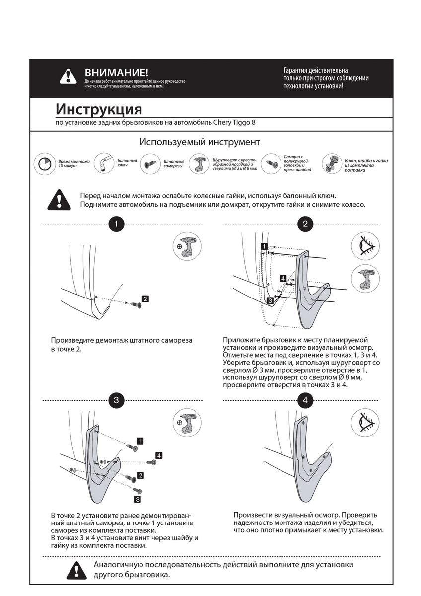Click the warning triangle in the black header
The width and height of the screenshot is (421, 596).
point(68,76)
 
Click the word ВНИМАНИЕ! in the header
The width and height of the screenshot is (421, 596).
point(116,73)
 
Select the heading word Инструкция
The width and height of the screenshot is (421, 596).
point(98,109)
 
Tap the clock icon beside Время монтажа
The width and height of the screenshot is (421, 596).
point(44,163)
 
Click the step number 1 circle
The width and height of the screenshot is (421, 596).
point(116,224)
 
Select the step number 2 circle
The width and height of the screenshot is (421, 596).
point(305,224)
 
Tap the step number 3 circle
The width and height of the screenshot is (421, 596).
point(116,400)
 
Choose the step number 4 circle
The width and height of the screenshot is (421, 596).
point(305,400)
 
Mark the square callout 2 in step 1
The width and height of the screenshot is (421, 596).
point(145,298)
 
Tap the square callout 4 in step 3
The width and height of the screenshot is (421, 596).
point(158,455)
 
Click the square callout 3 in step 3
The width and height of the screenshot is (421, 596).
point(138,499)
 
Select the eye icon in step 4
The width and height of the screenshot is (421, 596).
point(365,422)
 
